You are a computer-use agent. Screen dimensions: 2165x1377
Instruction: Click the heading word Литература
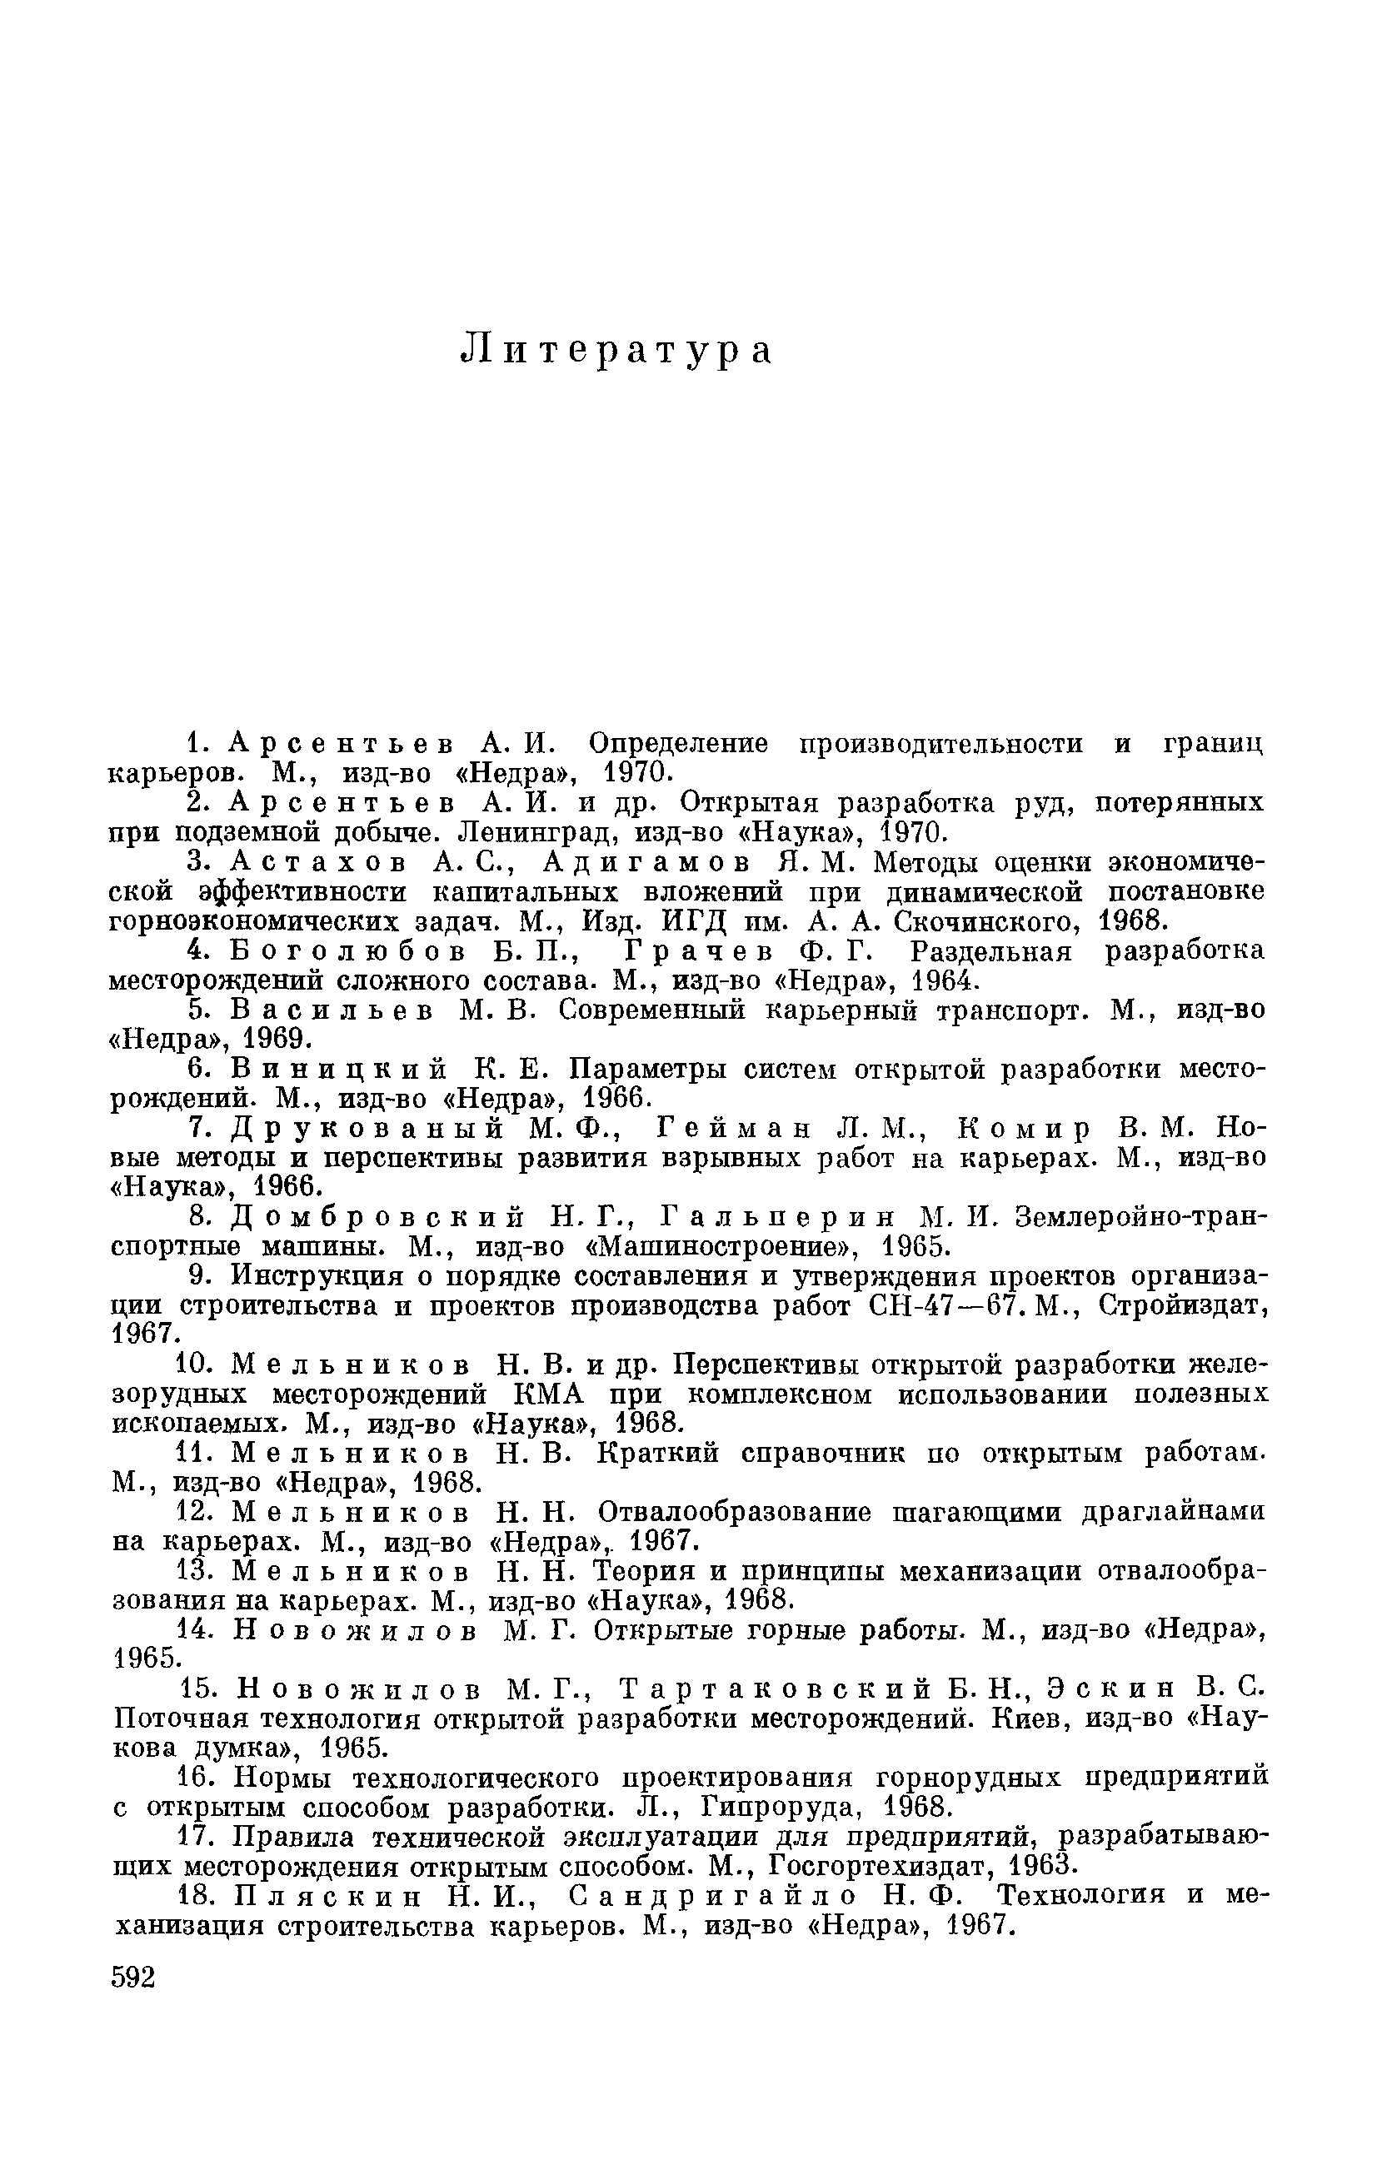pyautogui.click(x=616, y=351)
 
